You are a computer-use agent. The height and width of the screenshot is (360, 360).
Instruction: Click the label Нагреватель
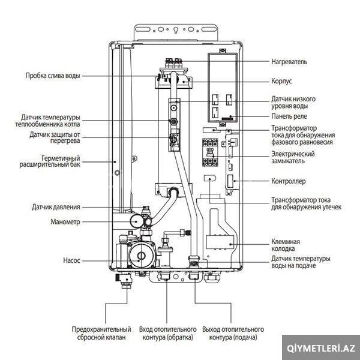(289, 62)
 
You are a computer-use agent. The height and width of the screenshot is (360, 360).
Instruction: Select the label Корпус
(281, 81)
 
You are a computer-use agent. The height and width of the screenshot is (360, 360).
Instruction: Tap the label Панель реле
(289, 116)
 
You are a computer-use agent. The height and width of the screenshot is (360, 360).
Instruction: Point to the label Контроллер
(289, 181)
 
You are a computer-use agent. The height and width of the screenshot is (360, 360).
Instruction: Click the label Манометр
(65, 222)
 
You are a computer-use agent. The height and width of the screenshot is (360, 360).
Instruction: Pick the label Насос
(71, 260)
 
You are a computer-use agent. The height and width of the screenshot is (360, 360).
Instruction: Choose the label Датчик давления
(56, 207)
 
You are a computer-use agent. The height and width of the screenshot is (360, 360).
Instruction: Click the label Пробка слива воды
(53, 76)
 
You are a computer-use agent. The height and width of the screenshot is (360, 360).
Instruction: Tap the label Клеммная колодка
(286, 245)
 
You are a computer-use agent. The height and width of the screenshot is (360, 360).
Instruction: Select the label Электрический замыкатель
(293, 157)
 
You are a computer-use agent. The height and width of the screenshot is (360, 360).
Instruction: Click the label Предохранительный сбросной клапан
(101, 334)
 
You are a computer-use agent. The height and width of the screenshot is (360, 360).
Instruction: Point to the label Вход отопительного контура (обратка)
(168, 334)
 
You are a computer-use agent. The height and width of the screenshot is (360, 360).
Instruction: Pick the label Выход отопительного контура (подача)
(233, 334)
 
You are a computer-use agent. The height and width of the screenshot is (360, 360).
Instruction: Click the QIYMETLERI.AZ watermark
(321, 348)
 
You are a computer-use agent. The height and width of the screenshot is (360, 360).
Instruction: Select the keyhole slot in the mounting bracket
(176, 30)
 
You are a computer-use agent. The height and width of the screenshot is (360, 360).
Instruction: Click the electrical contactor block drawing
(210, 152)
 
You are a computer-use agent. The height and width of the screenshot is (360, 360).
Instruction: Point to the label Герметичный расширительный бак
(50, 161)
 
